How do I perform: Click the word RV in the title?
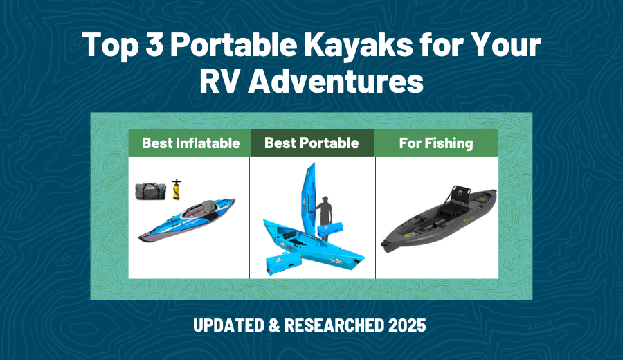[219, 82]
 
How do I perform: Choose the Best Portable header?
[311, 143]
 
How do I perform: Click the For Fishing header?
[436, 143]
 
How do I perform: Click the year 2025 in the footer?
[401, 325]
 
